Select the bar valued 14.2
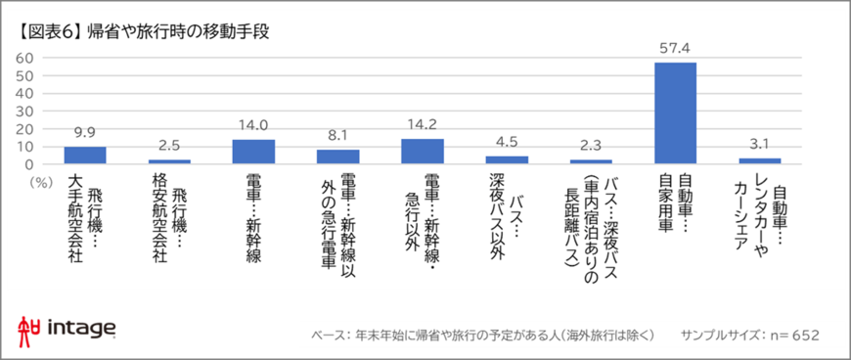[422, 152]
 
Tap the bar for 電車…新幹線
[252, 152]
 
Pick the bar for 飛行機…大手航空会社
[85, 156]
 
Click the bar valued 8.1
[337, 157]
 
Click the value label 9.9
[85, 132]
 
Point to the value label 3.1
[759, 145]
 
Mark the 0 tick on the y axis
[30, 164]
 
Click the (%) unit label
[39, 181]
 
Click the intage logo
[67, 330]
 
